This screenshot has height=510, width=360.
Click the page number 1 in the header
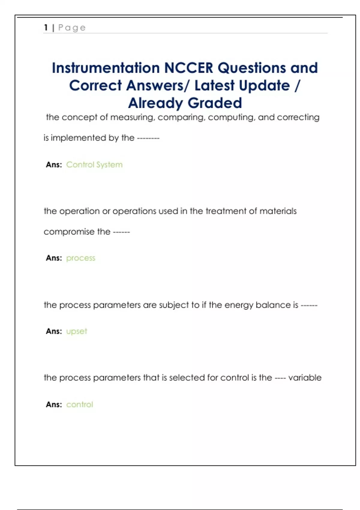(46, 28)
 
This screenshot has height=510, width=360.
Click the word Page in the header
(72, 28)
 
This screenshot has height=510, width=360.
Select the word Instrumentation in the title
(106, 68)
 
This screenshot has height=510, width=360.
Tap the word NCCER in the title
(189, 68)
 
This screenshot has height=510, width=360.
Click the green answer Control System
(94, 165)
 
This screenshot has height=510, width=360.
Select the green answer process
(80, 258)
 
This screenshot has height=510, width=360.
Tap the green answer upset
(76, 331)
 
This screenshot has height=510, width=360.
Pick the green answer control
(79, 404)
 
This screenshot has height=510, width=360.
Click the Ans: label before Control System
(54, 165)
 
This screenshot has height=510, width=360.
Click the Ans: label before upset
(54, 331)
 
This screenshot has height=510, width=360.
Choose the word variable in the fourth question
(305, 377)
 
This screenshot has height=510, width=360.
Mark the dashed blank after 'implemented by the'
(148, 138)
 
